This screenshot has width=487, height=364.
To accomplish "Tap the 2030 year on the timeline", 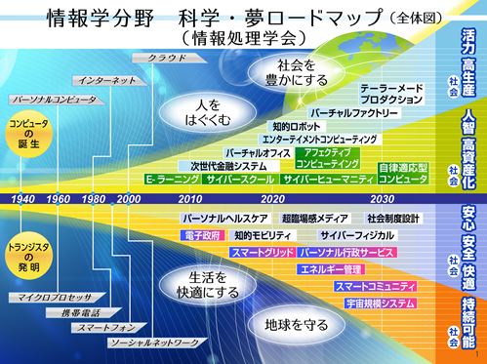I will (382, 199).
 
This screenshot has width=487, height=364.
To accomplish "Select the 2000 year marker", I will (127, 199).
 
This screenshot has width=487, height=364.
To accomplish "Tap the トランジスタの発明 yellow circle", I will (26, 254).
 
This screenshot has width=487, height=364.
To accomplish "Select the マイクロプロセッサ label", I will (50, 294).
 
